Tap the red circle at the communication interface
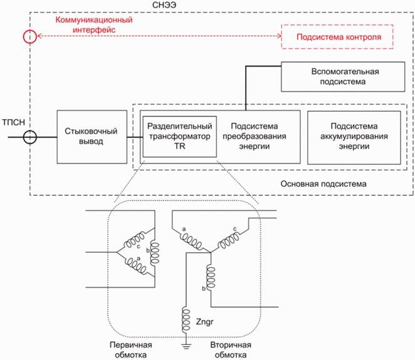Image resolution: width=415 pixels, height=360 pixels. pos(29,37)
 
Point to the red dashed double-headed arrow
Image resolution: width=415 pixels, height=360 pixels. pos(157,37)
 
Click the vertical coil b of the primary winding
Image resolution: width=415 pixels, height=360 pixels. pos(154,252)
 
